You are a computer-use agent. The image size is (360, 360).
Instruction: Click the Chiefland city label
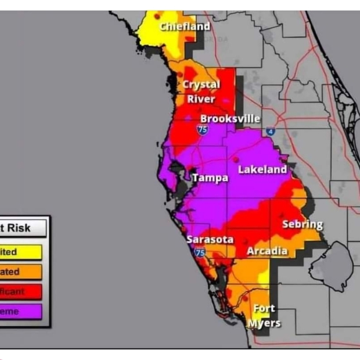coord(185,27)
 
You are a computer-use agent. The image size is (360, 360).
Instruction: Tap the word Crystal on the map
coord(200,84)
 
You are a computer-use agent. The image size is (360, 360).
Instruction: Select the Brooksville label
coord(230,119)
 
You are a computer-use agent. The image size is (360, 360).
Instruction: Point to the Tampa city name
coord(210,178)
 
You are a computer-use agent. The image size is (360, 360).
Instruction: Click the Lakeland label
coord(263,169)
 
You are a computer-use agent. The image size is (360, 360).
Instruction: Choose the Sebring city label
coord(302,224)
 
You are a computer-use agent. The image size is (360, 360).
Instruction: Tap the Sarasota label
coord(210,239)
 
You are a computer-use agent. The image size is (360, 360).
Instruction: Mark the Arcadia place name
coord(267,251)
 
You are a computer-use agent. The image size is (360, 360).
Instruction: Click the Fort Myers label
coord(264,316)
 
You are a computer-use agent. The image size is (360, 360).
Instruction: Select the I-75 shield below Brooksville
coord(202,130)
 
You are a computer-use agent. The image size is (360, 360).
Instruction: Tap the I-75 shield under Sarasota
coord(200,252)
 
